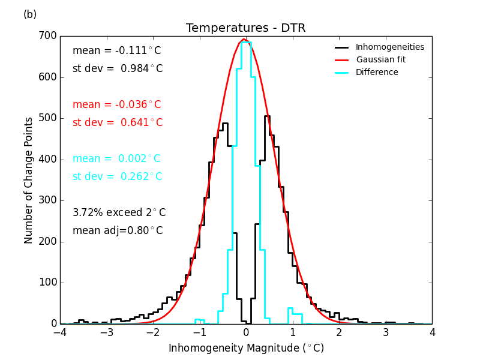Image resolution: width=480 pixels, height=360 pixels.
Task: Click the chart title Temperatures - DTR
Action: coord(245,28)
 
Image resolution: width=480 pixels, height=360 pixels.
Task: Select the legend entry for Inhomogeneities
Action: coord(389,47)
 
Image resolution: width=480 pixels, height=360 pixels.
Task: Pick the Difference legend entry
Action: coord(377,73)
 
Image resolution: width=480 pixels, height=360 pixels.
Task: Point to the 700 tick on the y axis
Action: coord(50,36)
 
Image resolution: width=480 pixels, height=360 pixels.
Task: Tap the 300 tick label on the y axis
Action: coord(50,200)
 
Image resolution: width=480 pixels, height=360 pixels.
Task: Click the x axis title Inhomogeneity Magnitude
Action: coord(246,348)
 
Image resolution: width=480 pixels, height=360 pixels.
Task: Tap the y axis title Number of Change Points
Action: coord(29,180)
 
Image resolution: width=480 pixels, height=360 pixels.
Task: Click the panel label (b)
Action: coord(30,14)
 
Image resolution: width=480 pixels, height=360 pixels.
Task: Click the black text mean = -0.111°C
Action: coord(116,51)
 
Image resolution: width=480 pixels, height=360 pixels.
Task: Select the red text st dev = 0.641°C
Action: coord(118,123)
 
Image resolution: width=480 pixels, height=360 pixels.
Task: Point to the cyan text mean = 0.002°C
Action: coord(116,159)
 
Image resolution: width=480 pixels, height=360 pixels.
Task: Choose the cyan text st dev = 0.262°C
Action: coord(118,177)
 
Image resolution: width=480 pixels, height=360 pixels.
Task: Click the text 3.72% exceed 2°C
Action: coord(119,213)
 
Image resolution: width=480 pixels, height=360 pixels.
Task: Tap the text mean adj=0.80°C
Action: coord(118,231)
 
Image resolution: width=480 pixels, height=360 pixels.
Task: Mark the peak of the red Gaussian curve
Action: coord(244,40)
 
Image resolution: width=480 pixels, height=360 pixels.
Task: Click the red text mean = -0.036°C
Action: coord(116,105)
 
